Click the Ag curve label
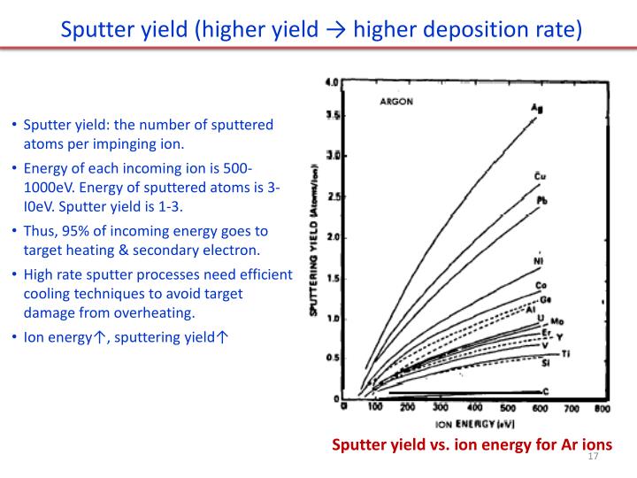(536, 109)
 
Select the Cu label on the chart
(540, 176)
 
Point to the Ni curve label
(538, 261)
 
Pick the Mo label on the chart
(558, 320)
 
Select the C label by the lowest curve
(545, 390)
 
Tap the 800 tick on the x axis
(602, 409)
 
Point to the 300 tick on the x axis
(441, 408)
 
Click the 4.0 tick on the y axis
(333, 81)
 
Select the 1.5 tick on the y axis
(333, 278)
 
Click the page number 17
(593, 456)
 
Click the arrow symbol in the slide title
(336, 30)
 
